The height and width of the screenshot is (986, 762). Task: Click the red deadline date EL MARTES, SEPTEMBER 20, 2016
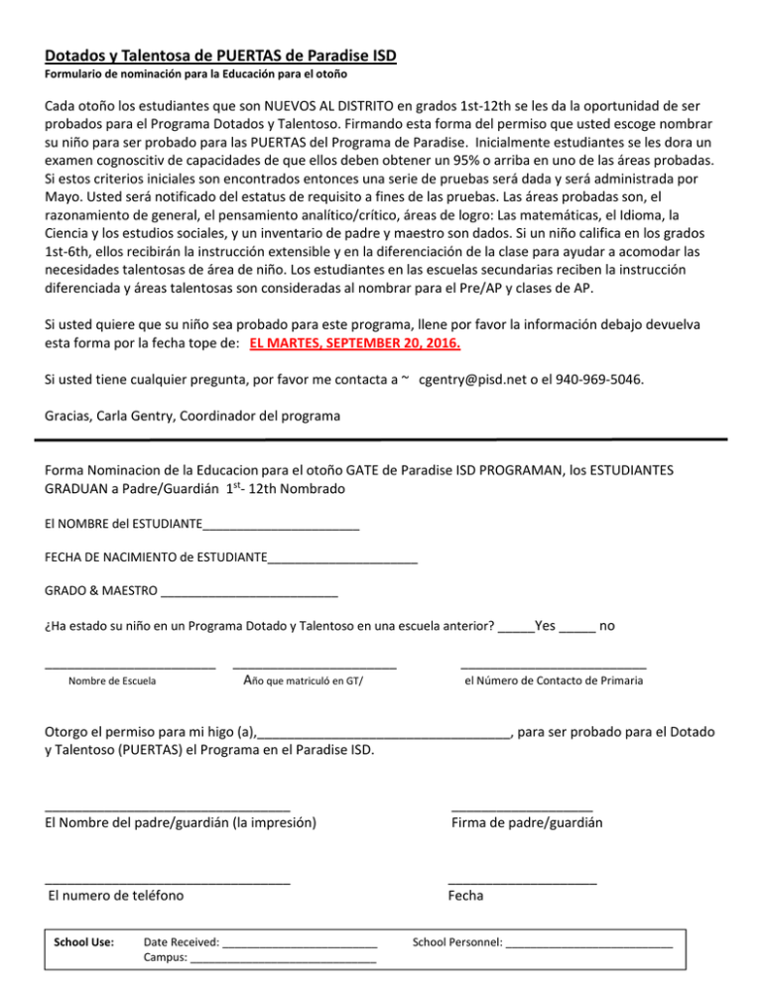click(x=355, y=346)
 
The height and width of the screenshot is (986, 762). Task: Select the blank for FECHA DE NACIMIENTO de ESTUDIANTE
click(x=342, y=561)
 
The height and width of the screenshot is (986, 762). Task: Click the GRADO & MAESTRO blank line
click(x=249, y=595)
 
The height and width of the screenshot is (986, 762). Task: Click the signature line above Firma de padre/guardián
click(x=522, y=810)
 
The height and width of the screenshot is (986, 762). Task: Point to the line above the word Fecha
click(x=522, y=882)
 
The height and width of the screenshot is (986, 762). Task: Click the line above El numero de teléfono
click(x=168, y=882)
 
